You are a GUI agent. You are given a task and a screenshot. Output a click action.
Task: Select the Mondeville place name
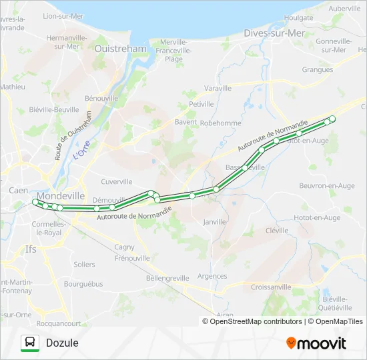[x=61, y=196]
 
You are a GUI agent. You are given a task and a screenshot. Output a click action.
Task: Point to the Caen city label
[x=18, y=190]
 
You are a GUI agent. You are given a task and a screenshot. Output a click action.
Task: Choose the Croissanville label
[x=271, y=287]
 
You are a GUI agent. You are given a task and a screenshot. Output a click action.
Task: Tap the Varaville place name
[x=218, y=88]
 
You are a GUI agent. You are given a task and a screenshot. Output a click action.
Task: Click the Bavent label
[x=186, y=122]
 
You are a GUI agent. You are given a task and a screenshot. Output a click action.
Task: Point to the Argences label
[x=212, y=276]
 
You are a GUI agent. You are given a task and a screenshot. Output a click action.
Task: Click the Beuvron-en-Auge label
[x=327, y=185]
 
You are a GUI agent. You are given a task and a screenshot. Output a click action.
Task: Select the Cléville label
[x=276, y=230]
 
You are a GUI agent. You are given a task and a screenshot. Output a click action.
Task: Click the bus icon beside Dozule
[x=29, y=343]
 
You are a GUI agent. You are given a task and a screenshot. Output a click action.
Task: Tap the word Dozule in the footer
[x=62, y=343]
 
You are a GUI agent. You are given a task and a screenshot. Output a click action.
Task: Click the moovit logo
[x=316, y=343]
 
